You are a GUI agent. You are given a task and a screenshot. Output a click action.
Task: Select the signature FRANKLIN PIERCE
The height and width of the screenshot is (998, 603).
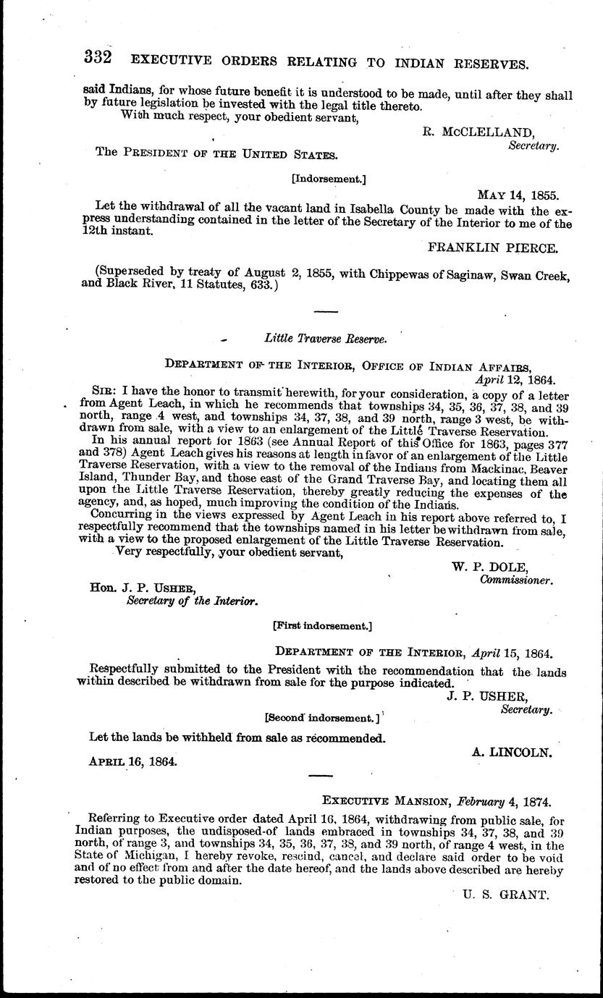pos(493,248)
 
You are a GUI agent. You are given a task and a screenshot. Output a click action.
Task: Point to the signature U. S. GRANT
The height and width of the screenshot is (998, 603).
pos(506,895)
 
